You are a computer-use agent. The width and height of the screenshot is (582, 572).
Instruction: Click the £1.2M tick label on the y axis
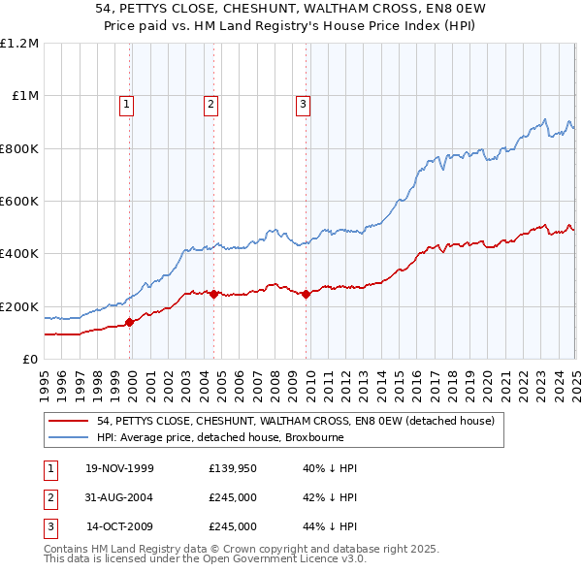[19, 44]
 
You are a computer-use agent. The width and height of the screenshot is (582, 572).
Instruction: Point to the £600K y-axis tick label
[19, 202]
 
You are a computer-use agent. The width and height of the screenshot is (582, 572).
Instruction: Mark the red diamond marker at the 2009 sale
[306, 294]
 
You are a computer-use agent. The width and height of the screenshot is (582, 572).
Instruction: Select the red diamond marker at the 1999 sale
[131, 322]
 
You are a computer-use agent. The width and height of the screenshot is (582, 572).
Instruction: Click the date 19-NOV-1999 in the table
[119, 468]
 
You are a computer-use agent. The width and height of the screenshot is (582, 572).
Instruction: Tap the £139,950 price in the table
[233, 468]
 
